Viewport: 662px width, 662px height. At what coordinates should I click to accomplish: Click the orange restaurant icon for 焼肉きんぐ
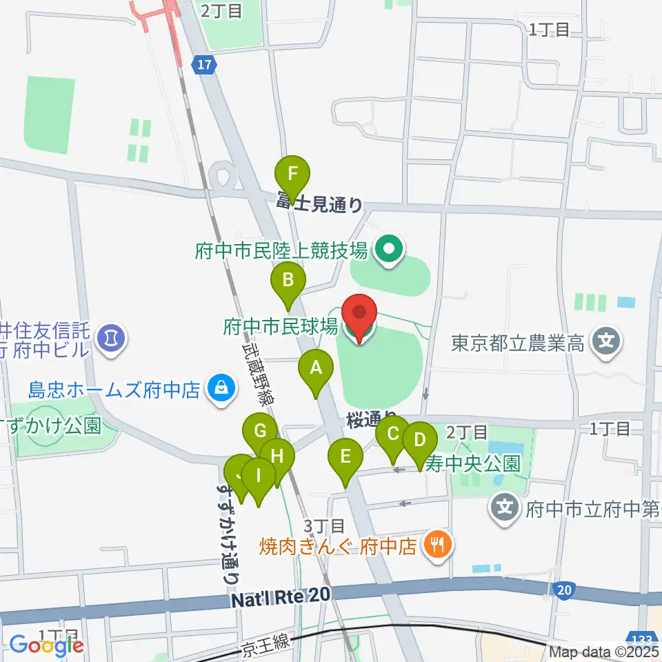pyautogui.click(x=436, y=545)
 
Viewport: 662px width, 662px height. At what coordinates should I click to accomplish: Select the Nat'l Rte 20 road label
pyautogui.click(x=281, y=598)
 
